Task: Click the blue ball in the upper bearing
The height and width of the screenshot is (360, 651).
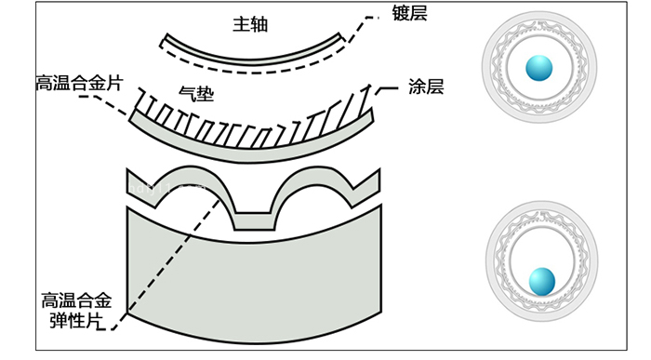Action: [538, 68]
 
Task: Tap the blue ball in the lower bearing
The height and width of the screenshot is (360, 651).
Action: [540, 280]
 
